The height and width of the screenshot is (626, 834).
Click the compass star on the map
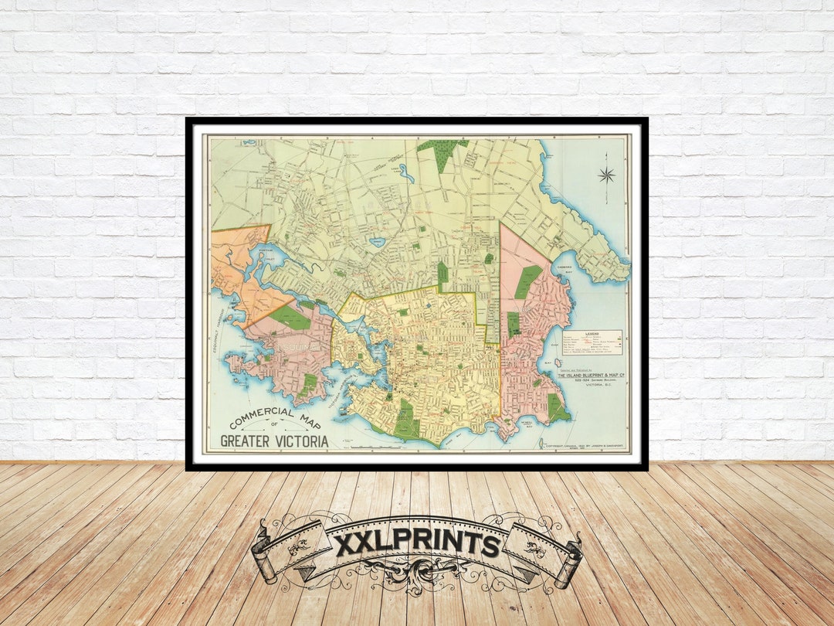point(606,175)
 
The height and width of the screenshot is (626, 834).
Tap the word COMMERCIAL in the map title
point(262,420)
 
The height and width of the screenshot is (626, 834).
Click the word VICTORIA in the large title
point(297,441)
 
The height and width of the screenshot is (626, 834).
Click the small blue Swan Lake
point(377,243)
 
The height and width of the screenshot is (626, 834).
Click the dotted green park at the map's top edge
point(442,151)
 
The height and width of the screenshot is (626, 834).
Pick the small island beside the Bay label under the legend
point(556,363)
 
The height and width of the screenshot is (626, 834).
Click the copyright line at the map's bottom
point(585,447)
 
